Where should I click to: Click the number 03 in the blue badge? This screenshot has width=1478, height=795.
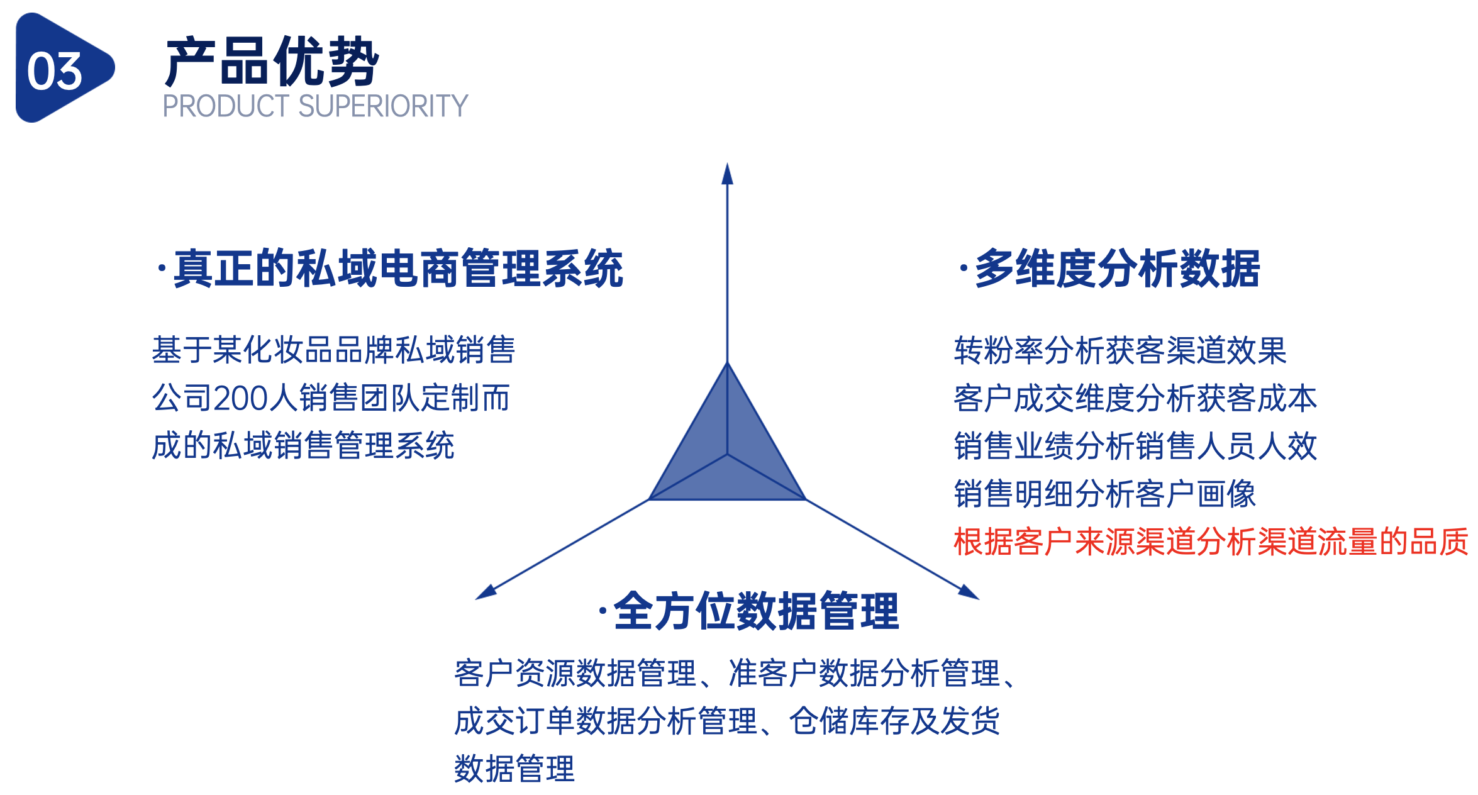[x=55, y=70]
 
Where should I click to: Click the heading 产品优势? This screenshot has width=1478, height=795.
[x=272, y=62]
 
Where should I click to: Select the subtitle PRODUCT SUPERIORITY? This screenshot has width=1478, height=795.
[x=315, y=106]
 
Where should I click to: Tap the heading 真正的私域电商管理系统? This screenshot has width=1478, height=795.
[x=397, y=269]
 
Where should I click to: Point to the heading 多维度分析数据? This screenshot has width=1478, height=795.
[x=1117, y=269]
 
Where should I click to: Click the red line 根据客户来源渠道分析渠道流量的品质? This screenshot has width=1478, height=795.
[x=1211, y=542]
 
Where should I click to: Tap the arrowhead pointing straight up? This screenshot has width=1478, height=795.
[x=728, y=174]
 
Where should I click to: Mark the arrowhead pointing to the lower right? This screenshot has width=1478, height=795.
[x=969, y=592]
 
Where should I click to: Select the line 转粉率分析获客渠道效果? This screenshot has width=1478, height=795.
[x=1120, y=350]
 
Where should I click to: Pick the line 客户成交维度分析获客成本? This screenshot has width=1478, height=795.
[x=1135, y=398]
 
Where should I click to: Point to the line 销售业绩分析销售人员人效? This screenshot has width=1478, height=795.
[x=1135, y=446]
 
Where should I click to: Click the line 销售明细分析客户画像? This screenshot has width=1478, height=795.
[x=1105, y=494]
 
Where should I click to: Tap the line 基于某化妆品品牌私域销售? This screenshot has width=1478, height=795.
[x=333, y=350]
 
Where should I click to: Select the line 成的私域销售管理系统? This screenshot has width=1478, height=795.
[x=303, y=446]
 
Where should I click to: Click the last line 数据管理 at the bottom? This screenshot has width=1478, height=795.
[x=514, y=769]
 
